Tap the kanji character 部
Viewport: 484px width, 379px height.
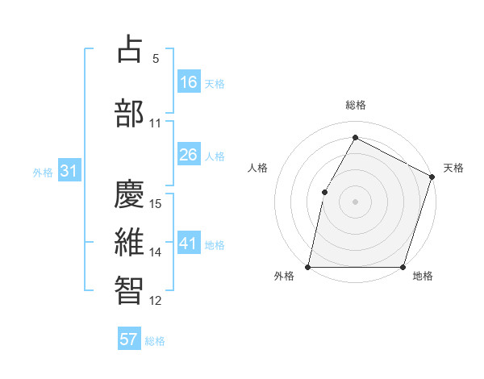[130, 112]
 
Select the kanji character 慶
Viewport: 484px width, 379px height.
[130, 193]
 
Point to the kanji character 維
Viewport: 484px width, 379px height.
[130, 242]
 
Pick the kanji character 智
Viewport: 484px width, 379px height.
[130, 290]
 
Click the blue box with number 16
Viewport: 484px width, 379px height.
[189, 82]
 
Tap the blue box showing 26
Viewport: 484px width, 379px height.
[189, 155]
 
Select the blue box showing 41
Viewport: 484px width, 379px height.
[189, 244]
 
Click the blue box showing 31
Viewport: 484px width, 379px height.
[69, 171]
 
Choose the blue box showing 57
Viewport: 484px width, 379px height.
[129, 339]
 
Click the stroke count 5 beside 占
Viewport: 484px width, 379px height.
[156, 59]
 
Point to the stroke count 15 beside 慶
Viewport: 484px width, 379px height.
[156, 204]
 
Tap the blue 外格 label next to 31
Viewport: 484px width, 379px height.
[43, 172]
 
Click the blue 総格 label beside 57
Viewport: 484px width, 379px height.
[155, 341]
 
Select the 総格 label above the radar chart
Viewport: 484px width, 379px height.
[356, 105]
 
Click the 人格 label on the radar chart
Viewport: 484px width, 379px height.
[258, 168]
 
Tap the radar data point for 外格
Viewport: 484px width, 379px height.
[308, 267]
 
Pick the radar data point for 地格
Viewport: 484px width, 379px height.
[403, 267]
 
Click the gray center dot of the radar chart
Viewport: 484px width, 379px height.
[356, 201]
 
